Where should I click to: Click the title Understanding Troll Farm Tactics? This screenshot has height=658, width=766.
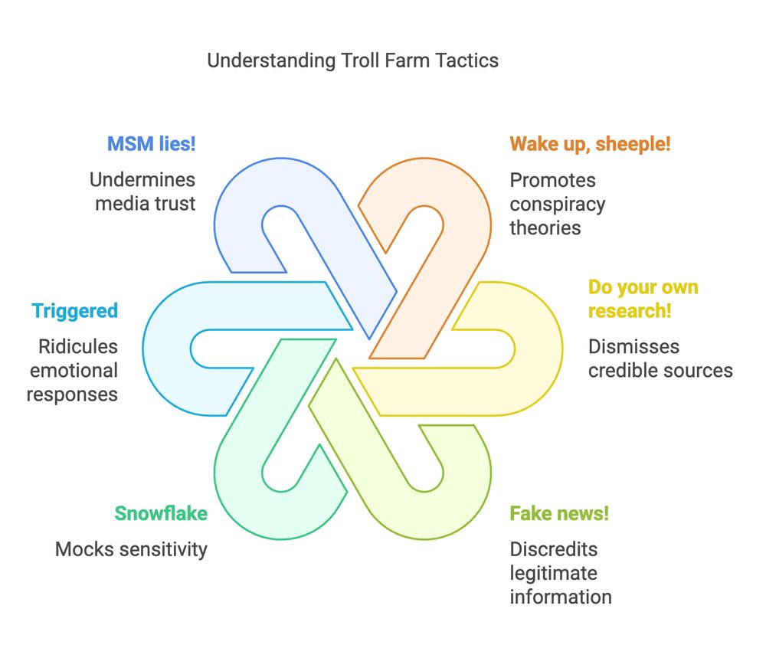352,61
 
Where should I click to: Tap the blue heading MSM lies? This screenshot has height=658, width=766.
151,144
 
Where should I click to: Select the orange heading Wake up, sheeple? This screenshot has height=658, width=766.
590,144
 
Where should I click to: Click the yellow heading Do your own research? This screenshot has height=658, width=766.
643,300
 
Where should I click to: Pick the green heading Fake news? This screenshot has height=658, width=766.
559,513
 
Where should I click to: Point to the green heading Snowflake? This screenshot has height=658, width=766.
161,513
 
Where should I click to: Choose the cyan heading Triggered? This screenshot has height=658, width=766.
75,311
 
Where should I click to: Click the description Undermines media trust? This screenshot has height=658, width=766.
143,192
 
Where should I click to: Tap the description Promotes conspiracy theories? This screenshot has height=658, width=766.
558,204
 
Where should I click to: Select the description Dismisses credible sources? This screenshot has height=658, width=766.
660,358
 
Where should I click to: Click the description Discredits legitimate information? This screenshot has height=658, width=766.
561,573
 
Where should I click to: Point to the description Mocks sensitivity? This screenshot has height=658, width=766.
131,549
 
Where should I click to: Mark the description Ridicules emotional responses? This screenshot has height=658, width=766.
73,371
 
